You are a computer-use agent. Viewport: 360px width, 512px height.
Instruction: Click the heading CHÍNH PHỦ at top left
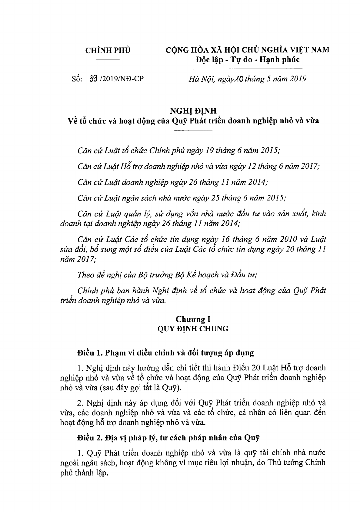(108, 50)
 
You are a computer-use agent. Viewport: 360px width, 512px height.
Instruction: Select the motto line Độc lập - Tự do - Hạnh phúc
(248, 59)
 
